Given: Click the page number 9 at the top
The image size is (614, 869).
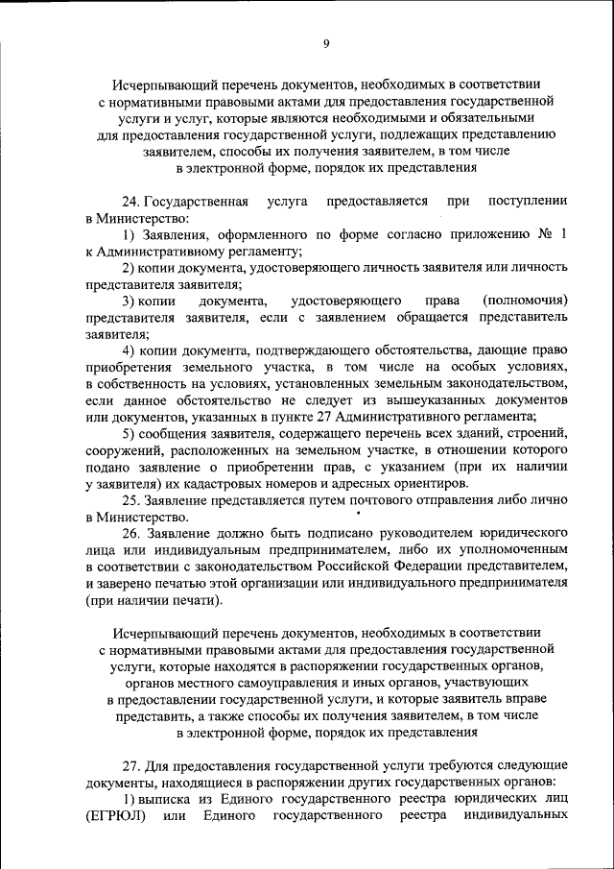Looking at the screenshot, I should tap(326, 43).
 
